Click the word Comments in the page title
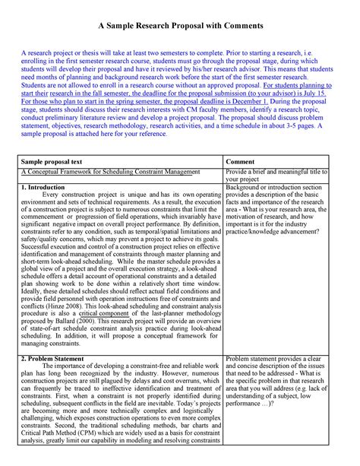pyautogui.click(x=240, y=25)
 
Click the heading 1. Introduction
pyautogui.click(x=43, y=186)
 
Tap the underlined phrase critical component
pyautogui.click(x=103, y=313)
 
